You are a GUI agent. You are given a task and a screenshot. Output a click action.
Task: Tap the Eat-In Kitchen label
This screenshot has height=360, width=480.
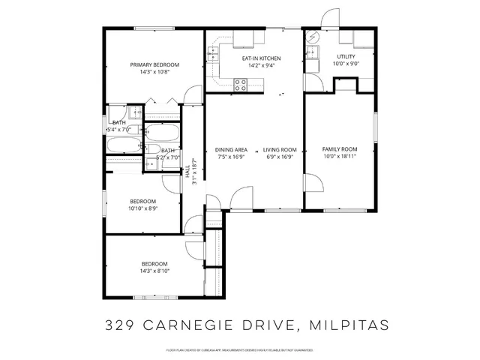[260, 58]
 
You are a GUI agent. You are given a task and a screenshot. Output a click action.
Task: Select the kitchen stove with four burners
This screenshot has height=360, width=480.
[241, 85]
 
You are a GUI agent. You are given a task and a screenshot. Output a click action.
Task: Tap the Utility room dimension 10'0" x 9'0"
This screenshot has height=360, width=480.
[346, 64]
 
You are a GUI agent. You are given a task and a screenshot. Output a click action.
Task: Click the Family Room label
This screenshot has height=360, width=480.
[340, 149]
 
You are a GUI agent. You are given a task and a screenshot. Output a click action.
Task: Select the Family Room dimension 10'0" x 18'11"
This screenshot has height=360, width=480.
[340, 157]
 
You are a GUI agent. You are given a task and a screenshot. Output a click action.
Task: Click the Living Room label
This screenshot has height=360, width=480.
[279, 149]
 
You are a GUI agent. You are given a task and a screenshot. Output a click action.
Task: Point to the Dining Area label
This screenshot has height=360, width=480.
[231, 149]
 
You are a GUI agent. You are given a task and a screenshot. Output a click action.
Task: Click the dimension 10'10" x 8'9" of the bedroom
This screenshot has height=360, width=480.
[142, 208]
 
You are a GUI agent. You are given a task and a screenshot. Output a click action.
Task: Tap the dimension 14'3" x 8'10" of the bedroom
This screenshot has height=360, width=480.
[154, 271]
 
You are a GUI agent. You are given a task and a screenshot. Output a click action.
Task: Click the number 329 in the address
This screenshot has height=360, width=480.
[122, 325]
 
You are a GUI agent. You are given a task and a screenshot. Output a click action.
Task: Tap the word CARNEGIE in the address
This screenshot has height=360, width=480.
[182, 325]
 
